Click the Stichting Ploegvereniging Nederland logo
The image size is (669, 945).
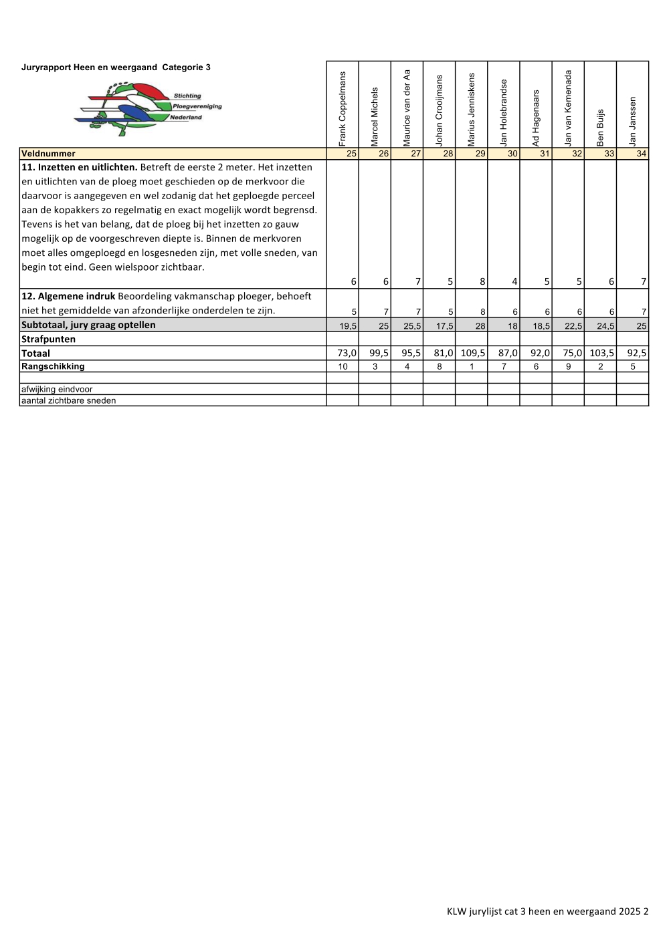(148, 109)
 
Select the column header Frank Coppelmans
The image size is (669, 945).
(343, 108)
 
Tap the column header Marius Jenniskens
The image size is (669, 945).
(472, 110)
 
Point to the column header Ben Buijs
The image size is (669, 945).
(600, 127)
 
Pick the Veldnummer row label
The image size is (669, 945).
(48, 154)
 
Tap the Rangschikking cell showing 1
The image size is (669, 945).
(472, 366)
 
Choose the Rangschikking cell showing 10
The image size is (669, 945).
(343, 366)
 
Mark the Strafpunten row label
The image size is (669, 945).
(48, 339)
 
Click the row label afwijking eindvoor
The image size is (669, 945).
(57, 389)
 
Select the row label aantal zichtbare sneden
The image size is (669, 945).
(68, 400)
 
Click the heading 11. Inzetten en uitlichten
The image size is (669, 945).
(79, 167)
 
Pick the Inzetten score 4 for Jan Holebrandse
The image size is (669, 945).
(514, 282)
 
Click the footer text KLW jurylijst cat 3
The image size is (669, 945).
(547, 911)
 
